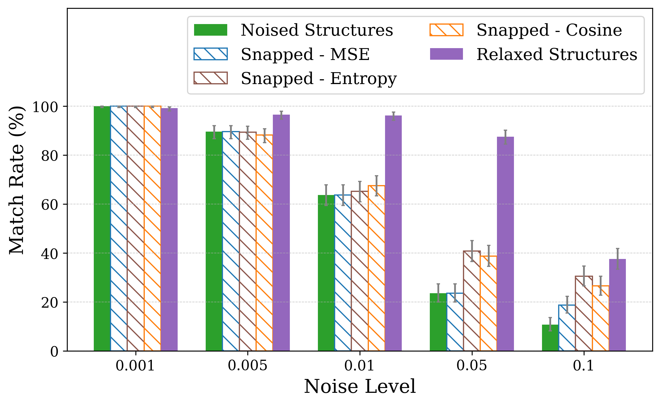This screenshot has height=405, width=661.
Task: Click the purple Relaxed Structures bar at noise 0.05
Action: (505, 243)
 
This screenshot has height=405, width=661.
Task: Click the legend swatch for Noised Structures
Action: (210, 30)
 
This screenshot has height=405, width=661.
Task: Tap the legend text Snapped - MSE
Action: (305, 54)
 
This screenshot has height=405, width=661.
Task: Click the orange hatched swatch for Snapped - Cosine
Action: (446, 30)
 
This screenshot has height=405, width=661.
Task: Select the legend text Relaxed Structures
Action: (556, 54)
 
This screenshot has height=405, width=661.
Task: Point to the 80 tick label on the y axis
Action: (49, 156)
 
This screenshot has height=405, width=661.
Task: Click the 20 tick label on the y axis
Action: (49, 303)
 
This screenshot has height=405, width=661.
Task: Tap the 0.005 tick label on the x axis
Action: (247, 366)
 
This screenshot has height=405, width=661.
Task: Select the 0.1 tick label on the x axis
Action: (583, 366)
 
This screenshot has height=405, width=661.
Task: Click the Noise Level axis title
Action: (360, 387)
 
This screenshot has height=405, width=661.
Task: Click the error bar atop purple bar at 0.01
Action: (393, 116)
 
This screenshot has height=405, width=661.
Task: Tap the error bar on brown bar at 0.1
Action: (584, 276)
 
